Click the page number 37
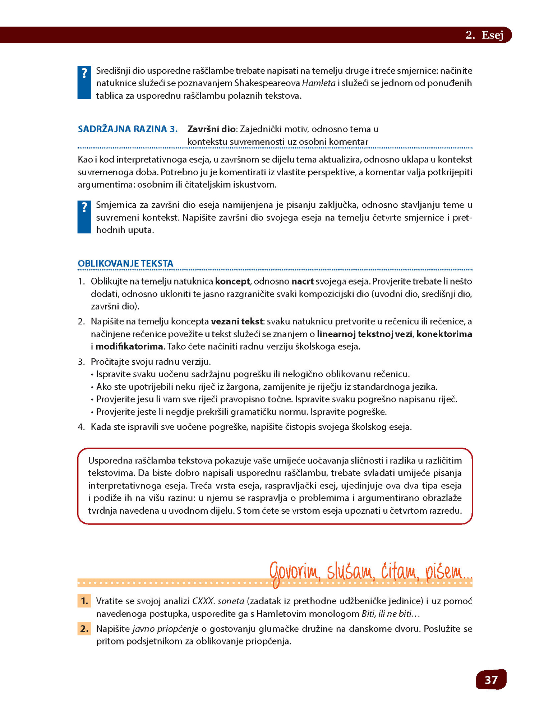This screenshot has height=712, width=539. tap(491, 680)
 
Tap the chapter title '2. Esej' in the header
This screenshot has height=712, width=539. tap(484, 35)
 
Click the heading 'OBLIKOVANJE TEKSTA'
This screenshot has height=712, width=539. tap(125, 263)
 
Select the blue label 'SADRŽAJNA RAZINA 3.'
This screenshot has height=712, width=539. tap(128, 129)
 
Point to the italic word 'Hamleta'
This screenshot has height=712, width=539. tap(318, 83)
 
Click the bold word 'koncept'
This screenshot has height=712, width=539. tap(232, 281)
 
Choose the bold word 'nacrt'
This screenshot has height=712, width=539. tap(303, 281)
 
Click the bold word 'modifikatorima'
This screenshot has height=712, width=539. tap(129, 346)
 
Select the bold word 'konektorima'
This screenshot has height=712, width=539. tap(444, 334)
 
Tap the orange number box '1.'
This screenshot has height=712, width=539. tap(84, 601)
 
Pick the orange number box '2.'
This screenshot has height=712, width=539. tap(84, 629)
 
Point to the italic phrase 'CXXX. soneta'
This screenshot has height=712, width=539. tap(218, 601)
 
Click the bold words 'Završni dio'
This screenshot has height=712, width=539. tap(211, 129)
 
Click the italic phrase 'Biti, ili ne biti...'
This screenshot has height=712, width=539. tap(390, 614)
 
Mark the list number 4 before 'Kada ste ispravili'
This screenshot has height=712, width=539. tap(81, 427)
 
